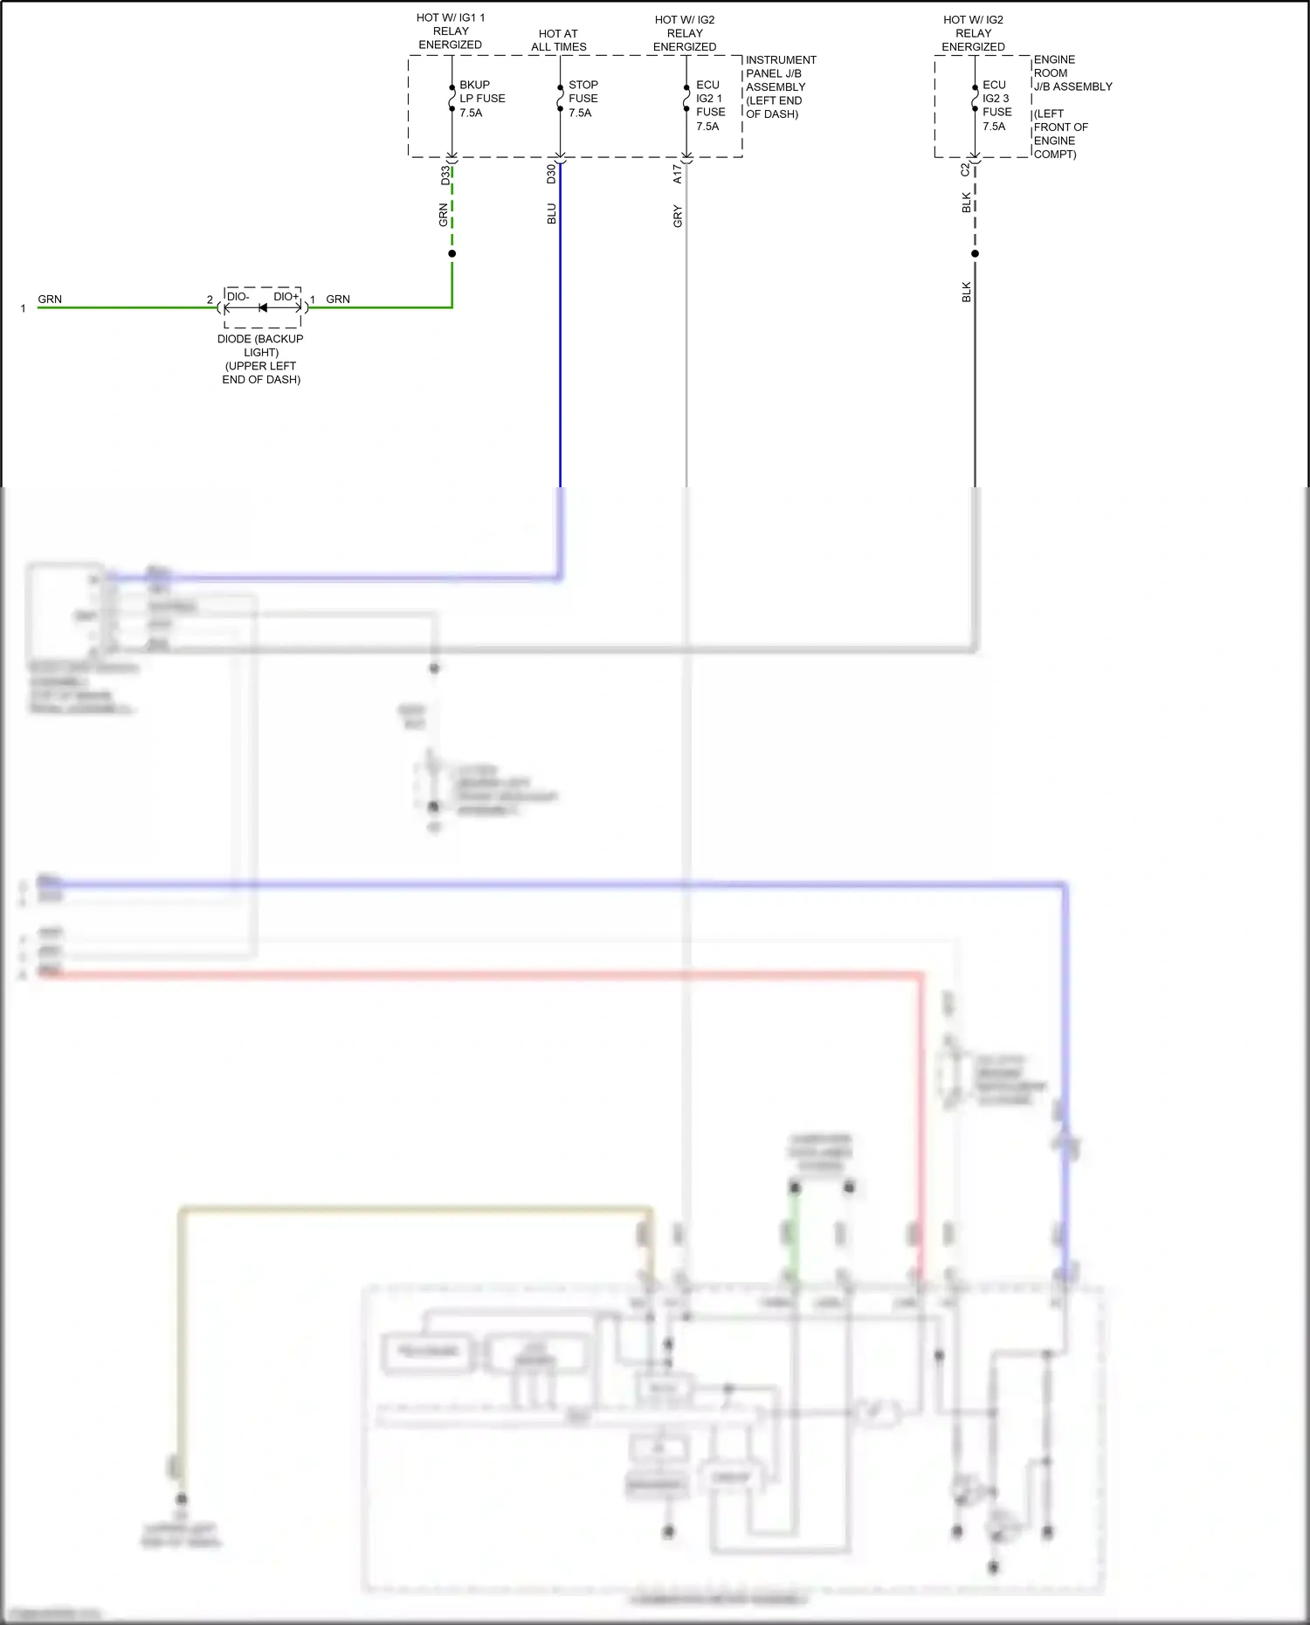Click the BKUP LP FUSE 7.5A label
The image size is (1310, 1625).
point(481,99)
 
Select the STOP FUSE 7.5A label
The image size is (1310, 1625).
point(583,99)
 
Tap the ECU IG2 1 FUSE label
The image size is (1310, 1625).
point(710,106)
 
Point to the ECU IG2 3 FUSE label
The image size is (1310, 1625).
point(996,106)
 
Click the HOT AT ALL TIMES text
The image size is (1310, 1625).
point(558,40)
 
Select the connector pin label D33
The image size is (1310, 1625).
point(445,175)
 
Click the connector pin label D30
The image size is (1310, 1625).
point(550,174)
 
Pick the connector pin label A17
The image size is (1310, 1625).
point(677,174)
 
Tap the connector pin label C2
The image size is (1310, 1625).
point(965,169)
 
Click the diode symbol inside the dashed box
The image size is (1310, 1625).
point(263,307)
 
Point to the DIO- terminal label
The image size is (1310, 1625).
point(238,297)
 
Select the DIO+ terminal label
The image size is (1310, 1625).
point(286,297)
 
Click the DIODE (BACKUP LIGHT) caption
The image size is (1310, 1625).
point(260,359)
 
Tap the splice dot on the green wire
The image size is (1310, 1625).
point(452,254)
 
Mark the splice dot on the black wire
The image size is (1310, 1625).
point(975,254)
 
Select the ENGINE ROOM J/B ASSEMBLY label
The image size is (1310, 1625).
point(1072,73)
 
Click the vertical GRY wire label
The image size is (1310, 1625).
point(677,217)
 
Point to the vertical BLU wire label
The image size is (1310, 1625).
point(550,214)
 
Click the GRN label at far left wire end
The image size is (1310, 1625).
point(50,300)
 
